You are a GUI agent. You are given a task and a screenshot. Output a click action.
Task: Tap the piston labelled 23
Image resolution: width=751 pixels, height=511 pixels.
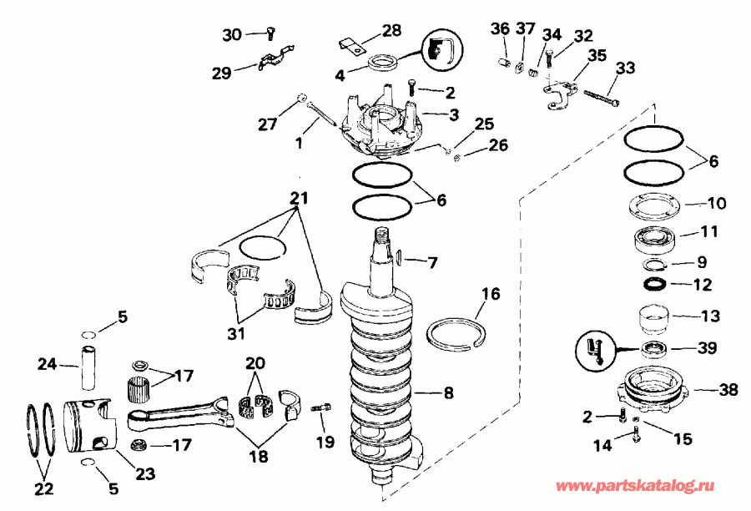[x=88, y=425]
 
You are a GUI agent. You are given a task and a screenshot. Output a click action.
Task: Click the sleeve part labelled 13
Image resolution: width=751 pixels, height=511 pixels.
[x=657, y=319]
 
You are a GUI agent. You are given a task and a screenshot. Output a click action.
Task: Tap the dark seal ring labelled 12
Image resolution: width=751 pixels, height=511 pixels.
[x=657, y=285]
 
